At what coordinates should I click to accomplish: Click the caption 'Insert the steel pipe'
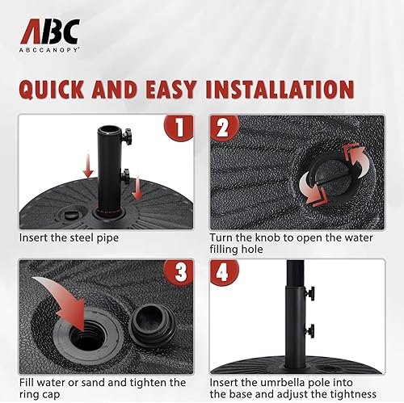pyautogui.click(x=69, y=239)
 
